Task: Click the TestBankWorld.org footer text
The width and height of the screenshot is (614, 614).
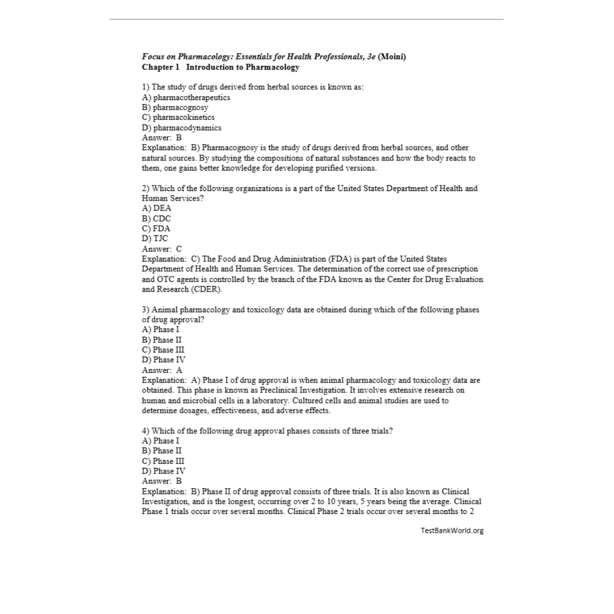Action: (x=452, y=530)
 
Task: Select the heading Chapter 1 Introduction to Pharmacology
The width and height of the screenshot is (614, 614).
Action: (x=221, y=67)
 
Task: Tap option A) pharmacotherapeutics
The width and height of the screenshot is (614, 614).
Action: (x=186, y=97)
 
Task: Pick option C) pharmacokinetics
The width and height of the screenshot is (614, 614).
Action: (x=178, y=117)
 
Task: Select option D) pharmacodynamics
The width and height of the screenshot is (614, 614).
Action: (x=181, y=127)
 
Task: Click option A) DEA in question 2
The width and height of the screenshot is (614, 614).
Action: (x=156, y=208)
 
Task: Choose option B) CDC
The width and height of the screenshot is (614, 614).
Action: (x=156, y=218)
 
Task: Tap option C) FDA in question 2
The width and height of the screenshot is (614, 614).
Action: (x=156, y=229)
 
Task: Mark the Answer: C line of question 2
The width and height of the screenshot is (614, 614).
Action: (x=162, y=248)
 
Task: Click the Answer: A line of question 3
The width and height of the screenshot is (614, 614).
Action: (x=162, y=370)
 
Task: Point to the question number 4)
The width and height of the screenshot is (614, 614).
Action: (x=146, y=430)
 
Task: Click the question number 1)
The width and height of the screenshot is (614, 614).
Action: (x=146, y=87)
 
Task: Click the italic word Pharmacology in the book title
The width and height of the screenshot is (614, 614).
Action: (x=206, y=56)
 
